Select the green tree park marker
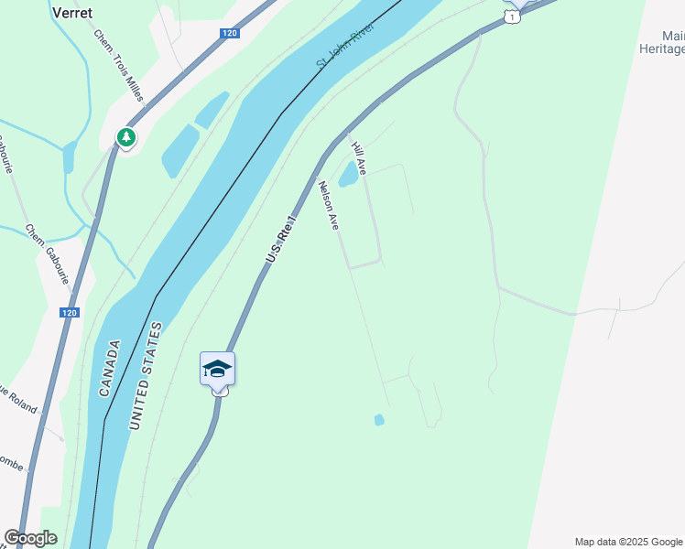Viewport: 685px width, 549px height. (125, 138)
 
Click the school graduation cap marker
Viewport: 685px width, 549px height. (217, 369)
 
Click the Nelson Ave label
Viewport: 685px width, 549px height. (328, 205)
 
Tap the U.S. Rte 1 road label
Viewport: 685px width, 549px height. (282, 241)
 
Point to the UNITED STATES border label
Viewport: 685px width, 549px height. (145, 376)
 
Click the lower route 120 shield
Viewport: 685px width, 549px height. (70, 313)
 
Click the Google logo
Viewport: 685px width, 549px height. (30, 538)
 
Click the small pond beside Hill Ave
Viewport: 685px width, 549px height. (349, 174)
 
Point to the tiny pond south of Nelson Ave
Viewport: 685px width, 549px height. (379, 420)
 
